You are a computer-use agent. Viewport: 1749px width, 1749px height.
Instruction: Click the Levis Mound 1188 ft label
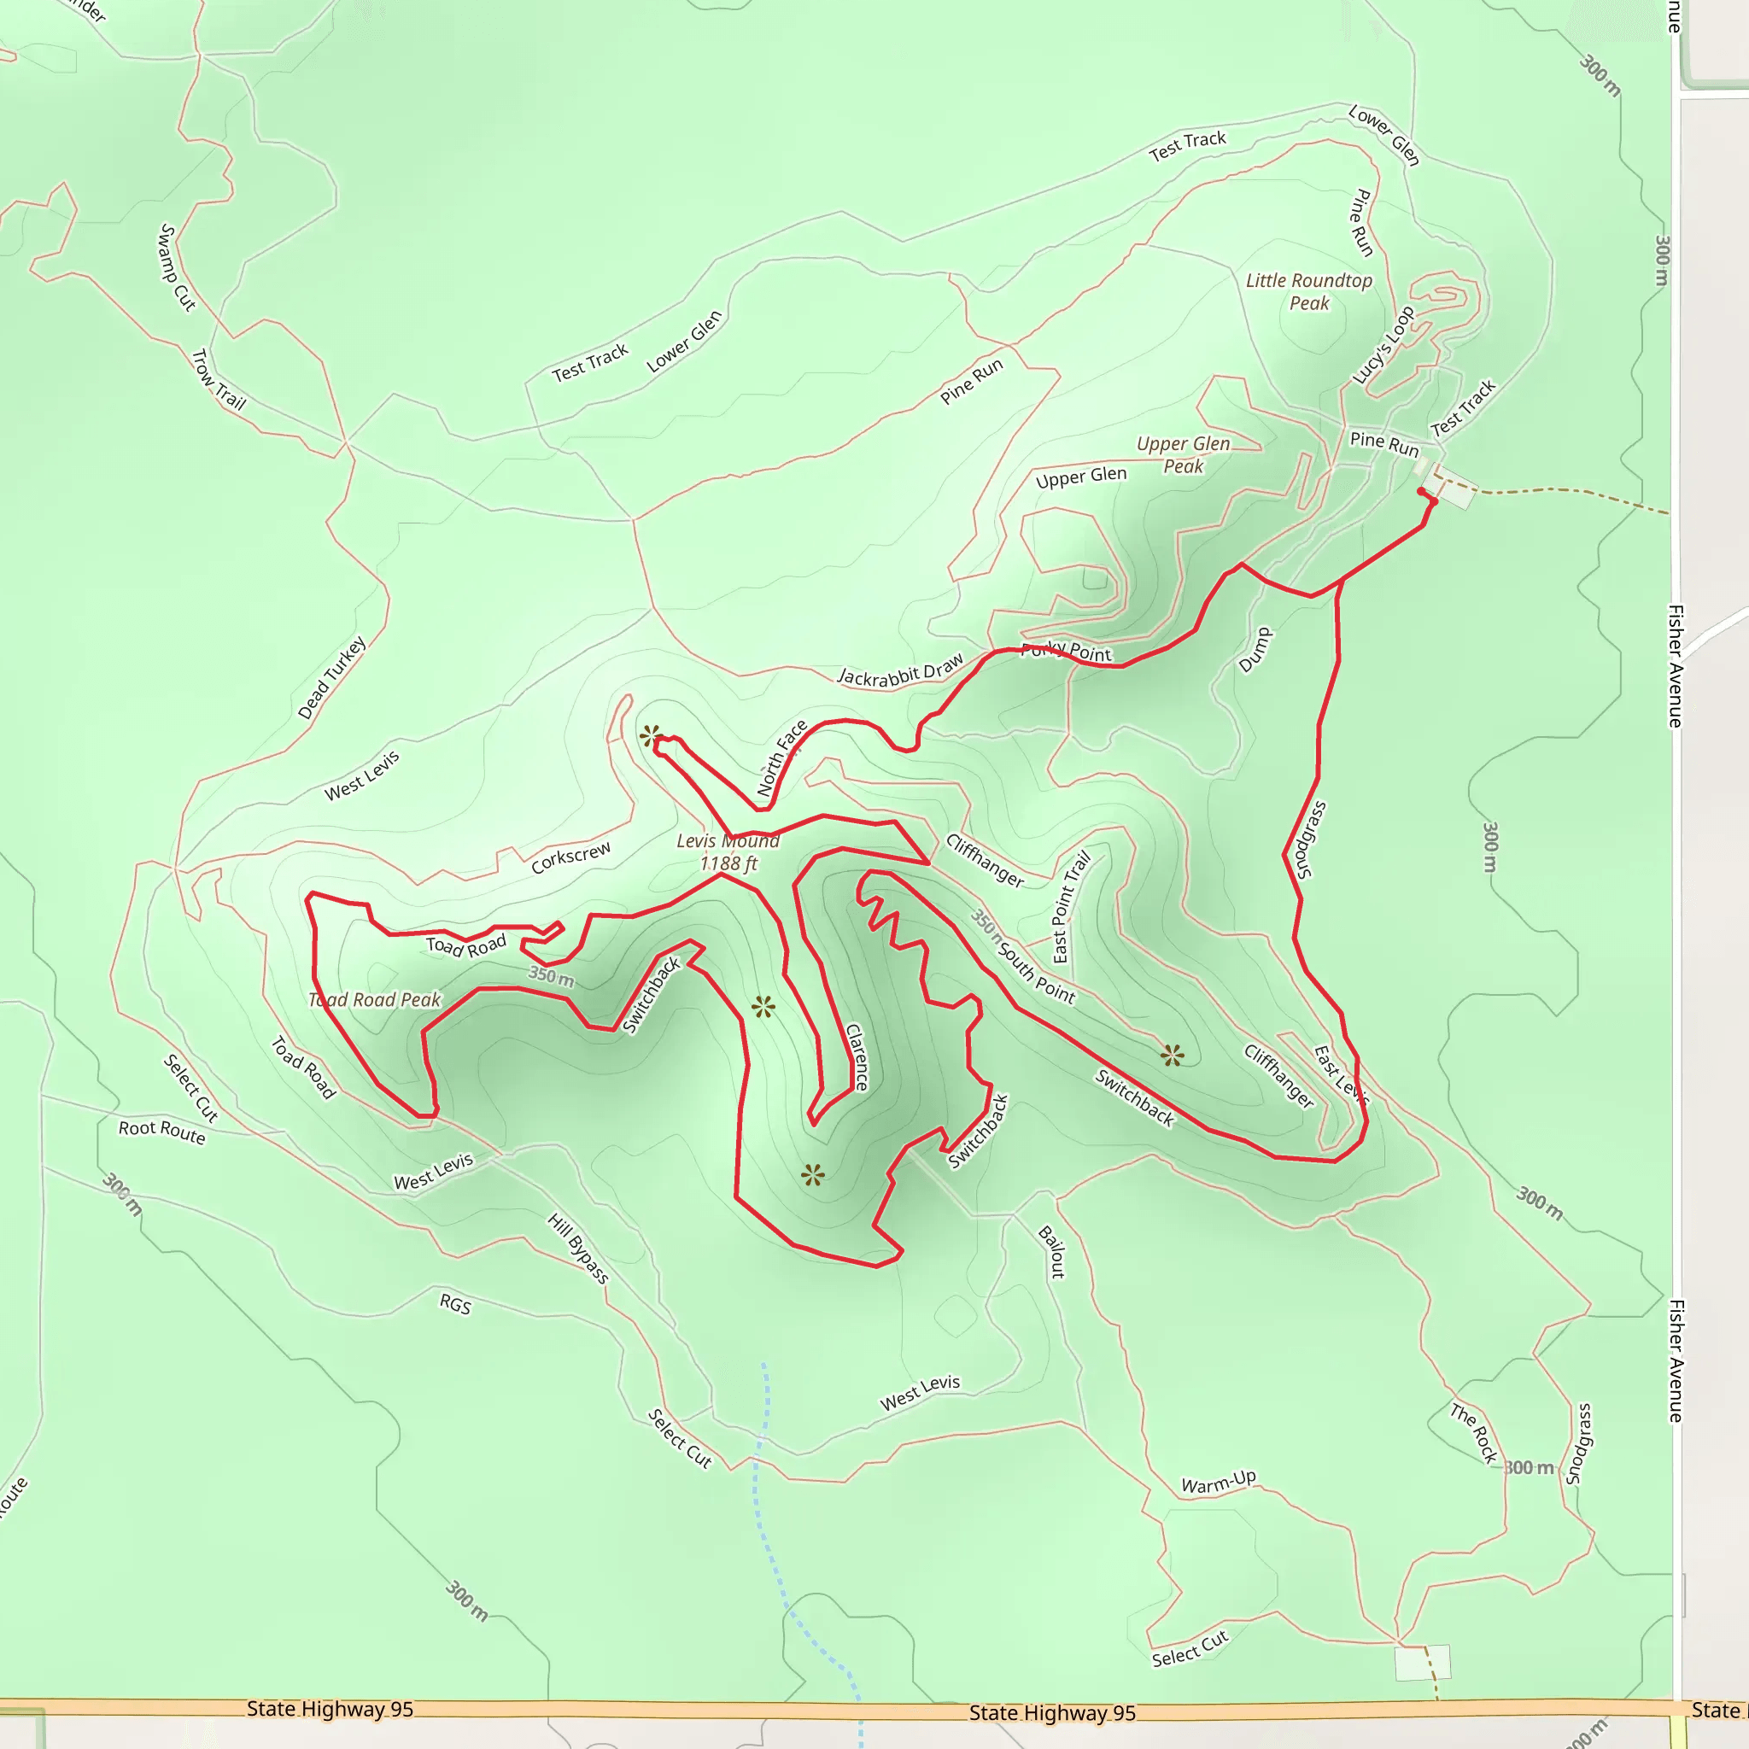click(728, 851)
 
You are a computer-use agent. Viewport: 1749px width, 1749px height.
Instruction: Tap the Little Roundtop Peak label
click(1309, 291)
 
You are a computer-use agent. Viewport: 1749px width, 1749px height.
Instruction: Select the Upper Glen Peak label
click(1183, 454)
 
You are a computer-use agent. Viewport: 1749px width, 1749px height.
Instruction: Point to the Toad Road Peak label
click(375, 999)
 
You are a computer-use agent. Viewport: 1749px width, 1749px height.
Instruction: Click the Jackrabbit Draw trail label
click(901, 670)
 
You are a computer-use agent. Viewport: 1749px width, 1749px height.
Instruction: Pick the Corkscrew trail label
click(570, 857)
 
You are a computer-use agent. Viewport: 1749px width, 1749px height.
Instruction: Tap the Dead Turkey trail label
click(332, 677)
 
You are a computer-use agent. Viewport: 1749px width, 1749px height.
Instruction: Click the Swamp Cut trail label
click(178, 267)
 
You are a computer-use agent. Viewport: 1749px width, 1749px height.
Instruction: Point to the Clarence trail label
click(857, 1056)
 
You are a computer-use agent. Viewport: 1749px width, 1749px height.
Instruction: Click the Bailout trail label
click(1052, 1252)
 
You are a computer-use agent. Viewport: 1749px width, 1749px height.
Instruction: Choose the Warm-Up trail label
click(1219, 1482)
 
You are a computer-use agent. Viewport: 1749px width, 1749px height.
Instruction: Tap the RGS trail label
click(455, 1305)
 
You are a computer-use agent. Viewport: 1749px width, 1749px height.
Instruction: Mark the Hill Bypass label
click(578, 1249)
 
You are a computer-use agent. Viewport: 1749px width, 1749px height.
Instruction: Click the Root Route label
click(162, 1131)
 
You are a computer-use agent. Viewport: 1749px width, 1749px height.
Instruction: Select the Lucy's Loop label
click(1383, 346)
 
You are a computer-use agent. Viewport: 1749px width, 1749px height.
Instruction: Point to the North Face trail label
click(782, 758)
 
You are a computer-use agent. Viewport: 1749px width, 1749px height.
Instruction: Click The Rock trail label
click(1474, 1433)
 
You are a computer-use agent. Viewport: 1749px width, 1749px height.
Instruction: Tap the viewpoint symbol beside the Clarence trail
click(763, 1007)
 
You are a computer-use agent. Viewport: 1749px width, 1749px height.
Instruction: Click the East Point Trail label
click(1072, 907)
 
